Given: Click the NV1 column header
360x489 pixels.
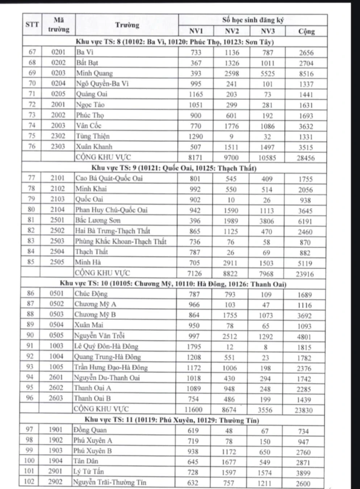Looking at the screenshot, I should point(196,31).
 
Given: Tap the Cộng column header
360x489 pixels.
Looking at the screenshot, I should point(306,32).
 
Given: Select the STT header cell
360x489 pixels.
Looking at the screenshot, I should point(32,25).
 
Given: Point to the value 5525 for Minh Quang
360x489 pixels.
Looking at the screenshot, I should point(268,74).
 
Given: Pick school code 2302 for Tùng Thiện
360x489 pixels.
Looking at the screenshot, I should point(58,136).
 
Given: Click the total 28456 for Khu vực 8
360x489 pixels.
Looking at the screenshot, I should point(306,158).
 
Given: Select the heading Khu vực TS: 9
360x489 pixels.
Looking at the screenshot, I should point(174,168).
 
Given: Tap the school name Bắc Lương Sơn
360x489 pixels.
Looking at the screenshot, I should point(98,220).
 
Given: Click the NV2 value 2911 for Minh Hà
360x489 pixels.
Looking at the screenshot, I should point(230,263).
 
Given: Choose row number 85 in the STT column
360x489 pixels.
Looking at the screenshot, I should point(31,262).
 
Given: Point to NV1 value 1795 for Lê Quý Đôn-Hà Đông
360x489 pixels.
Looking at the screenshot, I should point(194,347).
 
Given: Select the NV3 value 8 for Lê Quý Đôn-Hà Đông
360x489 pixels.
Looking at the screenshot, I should point(265,347).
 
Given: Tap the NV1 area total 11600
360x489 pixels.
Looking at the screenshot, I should point(193,410).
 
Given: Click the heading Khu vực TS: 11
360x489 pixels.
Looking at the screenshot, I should point(172,420).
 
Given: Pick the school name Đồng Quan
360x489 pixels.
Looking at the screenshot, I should point(90,430).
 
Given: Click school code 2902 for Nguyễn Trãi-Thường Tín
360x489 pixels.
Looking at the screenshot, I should point(55,482).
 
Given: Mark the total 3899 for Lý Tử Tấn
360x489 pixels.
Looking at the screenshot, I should point(303,473).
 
